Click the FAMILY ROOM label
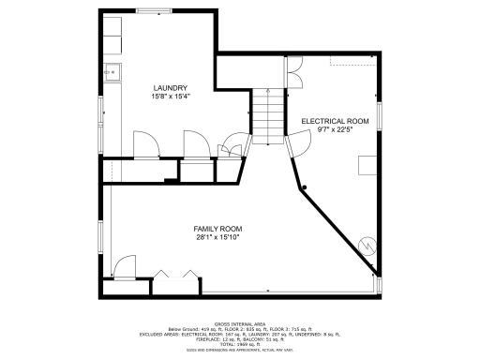click(x=217, y=229)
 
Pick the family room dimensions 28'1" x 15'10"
click(x=217, y=238)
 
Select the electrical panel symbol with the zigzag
click(x=367, y=246)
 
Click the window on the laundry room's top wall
click(x=146, y=11)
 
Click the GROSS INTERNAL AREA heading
click(x=239, y=322)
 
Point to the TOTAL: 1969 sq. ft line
click(x=239, y=343)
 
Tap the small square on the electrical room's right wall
click(x=368, y=165)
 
